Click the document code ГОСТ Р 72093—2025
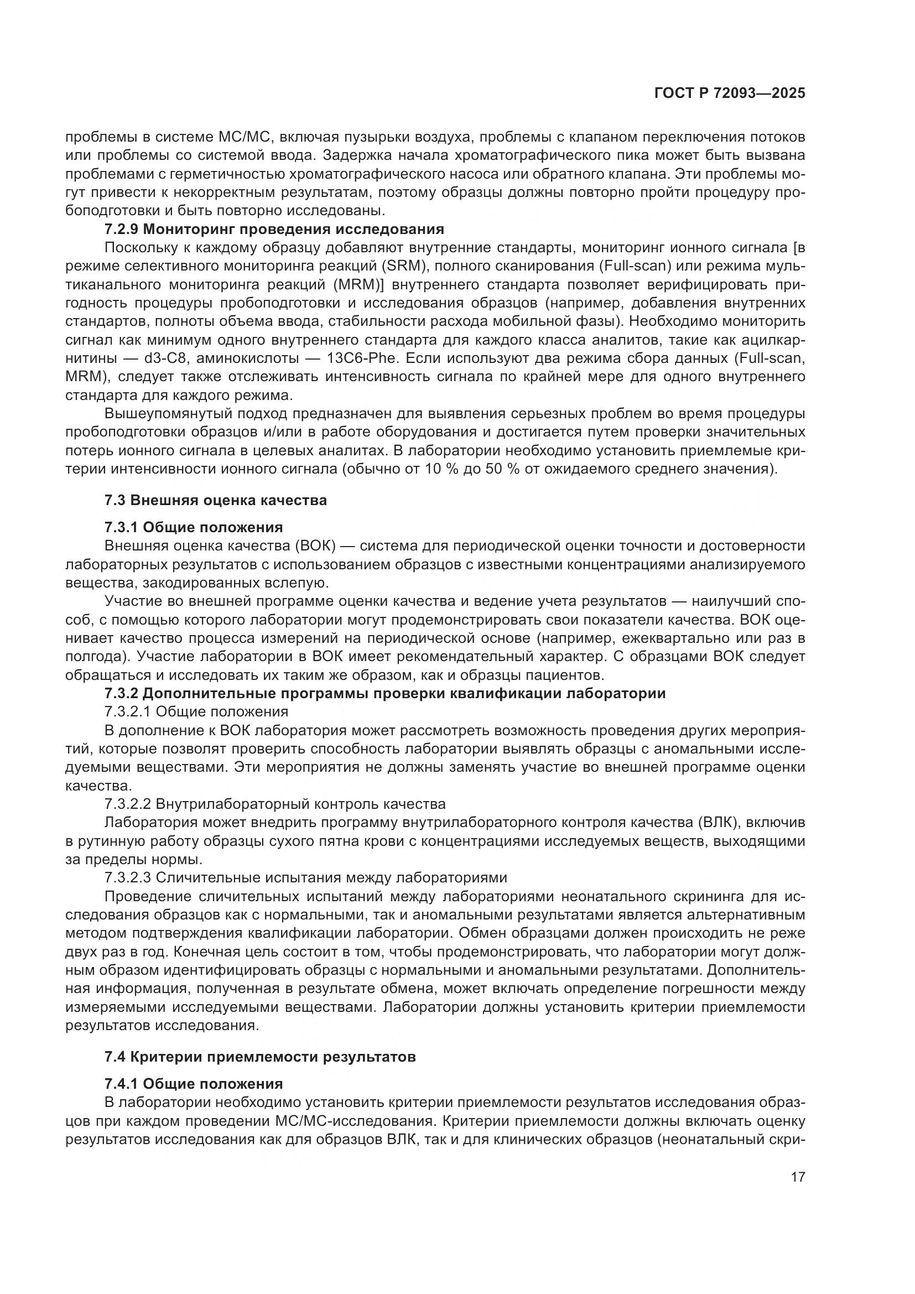click(x=730, y=93)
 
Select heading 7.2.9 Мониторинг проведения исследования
click(x=274, y=230)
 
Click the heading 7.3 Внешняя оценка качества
click(x=216, y=500)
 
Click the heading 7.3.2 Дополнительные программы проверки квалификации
click(x=385, y=694)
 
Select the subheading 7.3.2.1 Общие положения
click(x=196, y=712)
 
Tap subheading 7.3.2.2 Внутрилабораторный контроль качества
click(x=275, y=804)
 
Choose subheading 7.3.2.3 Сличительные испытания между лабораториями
click(x=306, y=877)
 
